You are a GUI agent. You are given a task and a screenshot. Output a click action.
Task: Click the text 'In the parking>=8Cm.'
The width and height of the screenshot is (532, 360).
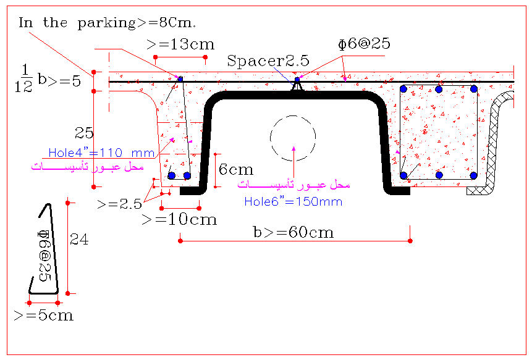[108, 23]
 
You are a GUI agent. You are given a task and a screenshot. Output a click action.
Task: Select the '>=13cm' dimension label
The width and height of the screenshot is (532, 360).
[180, 44]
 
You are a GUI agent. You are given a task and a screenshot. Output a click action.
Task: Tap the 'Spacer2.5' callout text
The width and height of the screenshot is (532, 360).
[268, 61]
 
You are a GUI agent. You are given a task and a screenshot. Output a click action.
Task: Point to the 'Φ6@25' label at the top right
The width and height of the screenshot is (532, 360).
[364, 44]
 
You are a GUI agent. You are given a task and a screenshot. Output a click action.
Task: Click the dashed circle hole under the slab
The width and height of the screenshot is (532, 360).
[293, 116]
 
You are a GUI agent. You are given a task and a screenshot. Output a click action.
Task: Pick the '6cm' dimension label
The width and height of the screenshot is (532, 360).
[236, 169]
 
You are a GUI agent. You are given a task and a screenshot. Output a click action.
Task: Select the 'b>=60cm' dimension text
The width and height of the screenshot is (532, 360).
[294, 233]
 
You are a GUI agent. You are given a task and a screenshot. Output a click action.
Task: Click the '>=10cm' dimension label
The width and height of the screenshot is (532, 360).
[179, 220]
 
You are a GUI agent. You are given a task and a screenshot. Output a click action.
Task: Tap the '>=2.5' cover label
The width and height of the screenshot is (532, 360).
[119, 204]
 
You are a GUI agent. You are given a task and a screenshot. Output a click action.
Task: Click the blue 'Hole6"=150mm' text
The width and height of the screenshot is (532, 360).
[293, 202]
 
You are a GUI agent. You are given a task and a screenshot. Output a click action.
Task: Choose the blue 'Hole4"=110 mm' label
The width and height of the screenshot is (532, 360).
[101, 153]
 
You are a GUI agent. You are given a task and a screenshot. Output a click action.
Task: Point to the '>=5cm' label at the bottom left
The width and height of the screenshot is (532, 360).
[44, 316]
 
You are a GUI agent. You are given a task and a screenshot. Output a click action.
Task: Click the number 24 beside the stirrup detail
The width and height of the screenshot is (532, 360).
[79, 240]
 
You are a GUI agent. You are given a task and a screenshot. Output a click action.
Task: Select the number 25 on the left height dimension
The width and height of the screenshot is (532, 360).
[84, 133]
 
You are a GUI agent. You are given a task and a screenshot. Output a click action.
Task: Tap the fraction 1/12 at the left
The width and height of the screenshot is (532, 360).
[23, 78]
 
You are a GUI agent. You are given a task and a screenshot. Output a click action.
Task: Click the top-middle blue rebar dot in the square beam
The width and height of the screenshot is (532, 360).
[439, 90]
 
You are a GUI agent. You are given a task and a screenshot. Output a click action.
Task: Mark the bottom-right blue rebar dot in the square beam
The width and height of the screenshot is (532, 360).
[474, 175]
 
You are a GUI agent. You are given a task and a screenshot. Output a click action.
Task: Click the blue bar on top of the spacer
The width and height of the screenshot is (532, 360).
[297, 80]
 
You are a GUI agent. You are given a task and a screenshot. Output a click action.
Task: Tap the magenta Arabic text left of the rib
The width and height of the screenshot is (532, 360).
[88, 167]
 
